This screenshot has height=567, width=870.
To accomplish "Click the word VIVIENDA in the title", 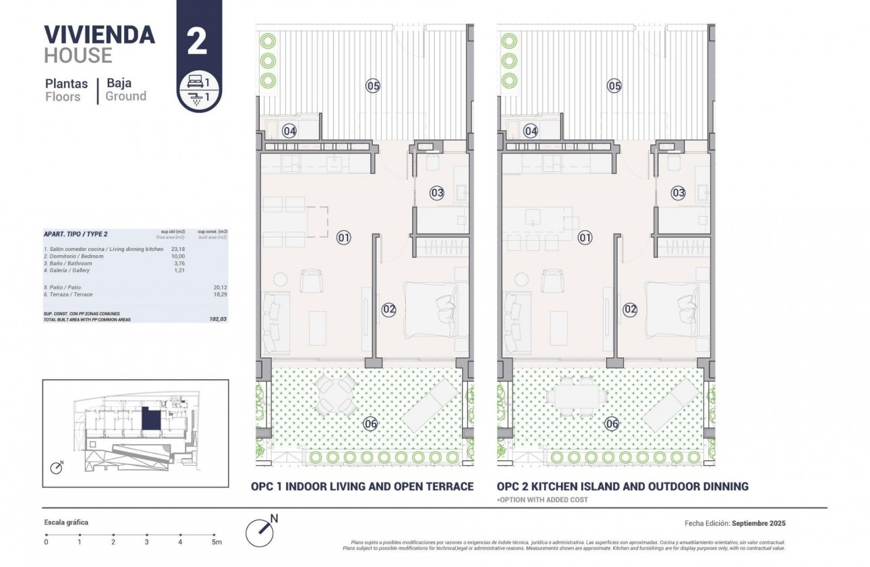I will [99, 34].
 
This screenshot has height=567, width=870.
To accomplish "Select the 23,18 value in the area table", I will [178, 249].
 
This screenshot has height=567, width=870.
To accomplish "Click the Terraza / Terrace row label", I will [68, 294].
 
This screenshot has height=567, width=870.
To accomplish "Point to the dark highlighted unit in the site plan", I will [151, 421].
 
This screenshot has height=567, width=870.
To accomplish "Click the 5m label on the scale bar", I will [216, 542].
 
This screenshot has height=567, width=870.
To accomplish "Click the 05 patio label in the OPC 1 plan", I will [373, 86].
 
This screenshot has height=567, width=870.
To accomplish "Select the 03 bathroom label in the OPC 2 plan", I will [678, 193].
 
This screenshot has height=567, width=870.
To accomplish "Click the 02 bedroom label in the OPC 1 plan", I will [389, 309].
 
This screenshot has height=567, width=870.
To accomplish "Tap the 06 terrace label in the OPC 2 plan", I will [612, 424].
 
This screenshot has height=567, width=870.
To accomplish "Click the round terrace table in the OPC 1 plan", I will [337, 395].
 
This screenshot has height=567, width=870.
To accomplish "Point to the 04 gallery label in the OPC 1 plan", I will [289, 131].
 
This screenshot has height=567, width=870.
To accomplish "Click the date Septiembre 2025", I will [759, 523].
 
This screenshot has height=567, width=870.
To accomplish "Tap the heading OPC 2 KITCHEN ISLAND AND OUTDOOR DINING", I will [622, 486].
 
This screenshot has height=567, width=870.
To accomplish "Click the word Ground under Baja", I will [125, 97].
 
